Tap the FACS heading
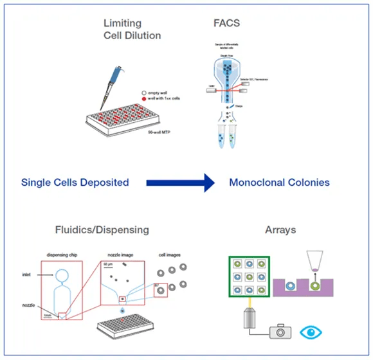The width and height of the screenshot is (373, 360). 227,24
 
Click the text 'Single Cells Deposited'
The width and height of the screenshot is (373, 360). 75,183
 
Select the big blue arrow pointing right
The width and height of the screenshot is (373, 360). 180,183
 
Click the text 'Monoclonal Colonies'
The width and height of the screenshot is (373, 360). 279,183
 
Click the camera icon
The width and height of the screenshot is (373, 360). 277,332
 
